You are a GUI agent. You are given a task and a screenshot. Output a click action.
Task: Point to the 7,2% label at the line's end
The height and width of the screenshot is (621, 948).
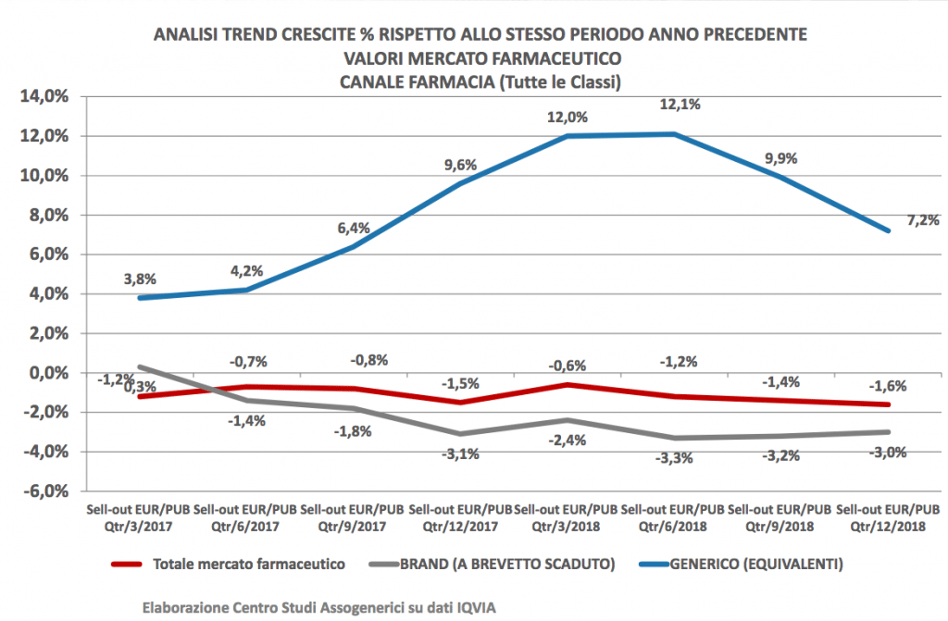click(x=922, y=220)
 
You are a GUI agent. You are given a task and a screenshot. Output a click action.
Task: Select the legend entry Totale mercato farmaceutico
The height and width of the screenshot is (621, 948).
click(x=247, y=563)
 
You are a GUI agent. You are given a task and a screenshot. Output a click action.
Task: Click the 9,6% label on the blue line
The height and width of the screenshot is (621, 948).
click(x=460, y=166)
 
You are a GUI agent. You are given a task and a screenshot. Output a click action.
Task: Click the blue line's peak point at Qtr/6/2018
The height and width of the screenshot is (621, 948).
click(x=674, y=134)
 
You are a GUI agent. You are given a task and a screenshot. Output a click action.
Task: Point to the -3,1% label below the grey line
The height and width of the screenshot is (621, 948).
click(x=460, y=453)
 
